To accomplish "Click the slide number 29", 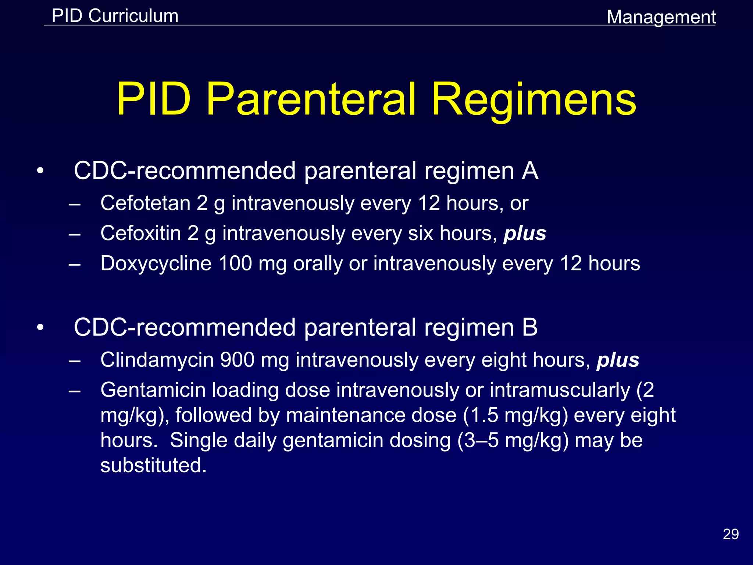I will (x=731, y=534).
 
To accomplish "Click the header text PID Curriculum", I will (x=115, y=16).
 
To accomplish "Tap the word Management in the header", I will (x=661, y=17).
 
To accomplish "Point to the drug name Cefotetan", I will (x=145, y=203).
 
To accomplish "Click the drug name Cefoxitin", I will (x=140, y=233).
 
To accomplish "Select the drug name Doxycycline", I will (x=156, y=263).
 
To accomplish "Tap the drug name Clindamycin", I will (x=157, y=360).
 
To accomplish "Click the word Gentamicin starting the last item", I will (x=153, y=390).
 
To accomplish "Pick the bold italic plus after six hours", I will (x=525, y=234).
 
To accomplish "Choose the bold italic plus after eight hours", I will (x=618, y=360).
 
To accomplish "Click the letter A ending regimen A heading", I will (x=530, y=171).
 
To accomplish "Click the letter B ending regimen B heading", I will (x=530, y=327).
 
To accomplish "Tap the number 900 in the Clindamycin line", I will (x=237, y=360).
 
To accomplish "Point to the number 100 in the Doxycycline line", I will (x=235, y=263).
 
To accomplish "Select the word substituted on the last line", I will (x=153, y=465).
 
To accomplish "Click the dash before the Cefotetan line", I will (x=74, y=203).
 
